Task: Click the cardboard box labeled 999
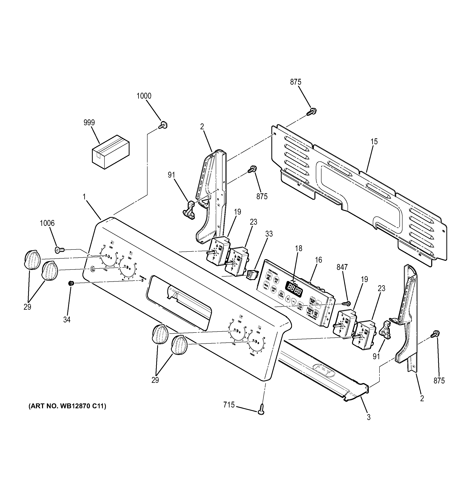tap(111, 152)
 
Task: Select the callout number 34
tap(67, 320)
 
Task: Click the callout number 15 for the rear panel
tap(374, 142)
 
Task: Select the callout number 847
tap(342, 267)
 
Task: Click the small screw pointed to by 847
tap(348, 303)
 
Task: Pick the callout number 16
tap(318, 260)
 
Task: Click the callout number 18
tap(298, 248)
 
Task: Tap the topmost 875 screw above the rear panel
tap(312, 112)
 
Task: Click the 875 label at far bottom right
tap(439, 381)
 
